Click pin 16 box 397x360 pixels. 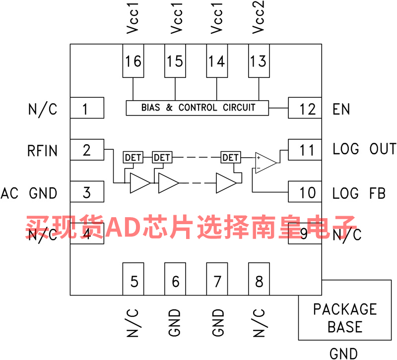133,61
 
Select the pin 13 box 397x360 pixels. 259,61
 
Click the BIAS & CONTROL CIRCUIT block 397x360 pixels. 198,108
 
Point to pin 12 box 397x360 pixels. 305,108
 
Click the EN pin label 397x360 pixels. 341,109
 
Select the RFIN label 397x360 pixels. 42,150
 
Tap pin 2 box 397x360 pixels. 87,150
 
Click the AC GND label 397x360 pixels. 29,192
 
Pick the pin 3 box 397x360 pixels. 87,192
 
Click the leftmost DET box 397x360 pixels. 133,158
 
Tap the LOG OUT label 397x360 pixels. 364,149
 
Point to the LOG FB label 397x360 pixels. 359,192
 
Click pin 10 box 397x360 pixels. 305,192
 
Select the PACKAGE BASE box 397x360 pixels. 344,318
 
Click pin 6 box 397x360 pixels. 175,281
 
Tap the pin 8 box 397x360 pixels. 259,281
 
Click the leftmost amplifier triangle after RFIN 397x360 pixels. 138,183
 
